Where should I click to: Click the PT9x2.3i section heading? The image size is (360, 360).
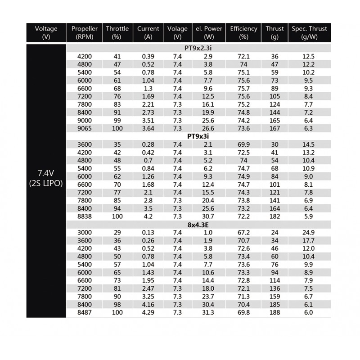[198, 48]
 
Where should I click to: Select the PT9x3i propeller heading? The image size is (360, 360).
[198, 135]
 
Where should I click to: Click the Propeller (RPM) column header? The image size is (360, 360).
[85, 33]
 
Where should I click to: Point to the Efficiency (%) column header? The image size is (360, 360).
[243, 33]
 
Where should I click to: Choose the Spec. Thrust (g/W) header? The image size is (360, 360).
[309, 33]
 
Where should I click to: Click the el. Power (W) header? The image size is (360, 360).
[209, 33]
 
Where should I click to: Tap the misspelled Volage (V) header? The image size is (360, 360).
[177, 33]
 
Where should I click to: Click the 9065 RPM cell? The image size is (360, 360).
[85, 128]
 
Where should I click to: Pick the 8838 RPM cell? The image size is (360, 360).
[85, 216]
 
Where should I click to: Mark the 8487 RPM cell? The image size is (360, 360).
[85, 312]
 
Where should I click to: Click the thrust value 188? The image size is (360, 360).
[274, 312]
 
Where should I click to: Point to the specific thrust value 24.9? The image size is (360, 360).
[309, 232]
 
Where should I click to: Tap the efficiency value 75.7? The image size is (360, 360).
[243, 88]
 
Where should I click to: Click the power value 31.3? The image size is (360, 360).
[208, 312]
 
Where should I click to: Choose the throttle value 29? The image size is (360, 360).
[117, 232]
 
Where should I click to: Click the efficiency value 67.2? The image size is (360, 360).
[243, 232]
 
